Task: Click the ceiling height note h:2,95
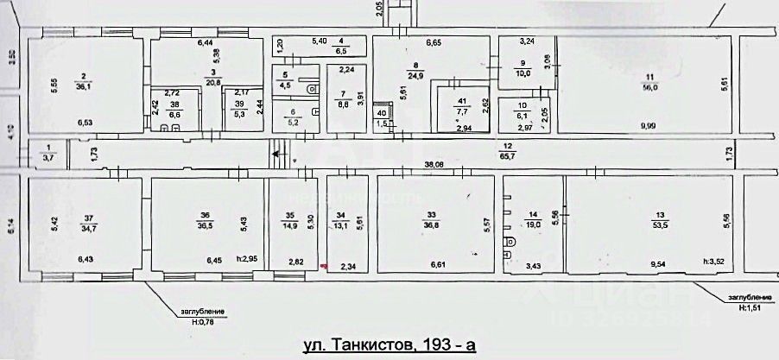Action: click(x=247, y=259)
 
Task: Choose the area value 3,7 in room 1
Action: click(x=49, y=156)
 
